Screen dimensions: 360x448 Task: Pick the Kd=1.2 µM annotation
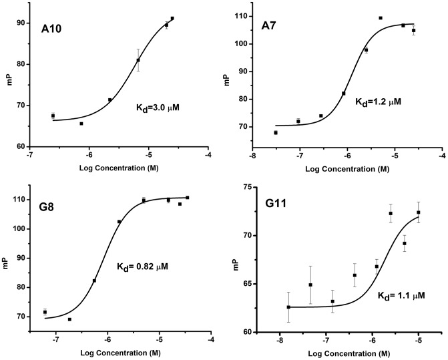[378, 102]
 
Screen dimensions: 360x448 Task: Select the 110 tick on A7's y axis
[240, 16]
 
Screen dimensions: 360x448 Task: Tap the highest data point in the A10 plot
[172, 19]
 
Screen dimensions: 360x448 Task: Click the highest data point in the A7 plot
[381, 18]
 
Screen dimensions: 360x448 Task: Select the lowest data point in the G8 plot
[69, 319]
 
